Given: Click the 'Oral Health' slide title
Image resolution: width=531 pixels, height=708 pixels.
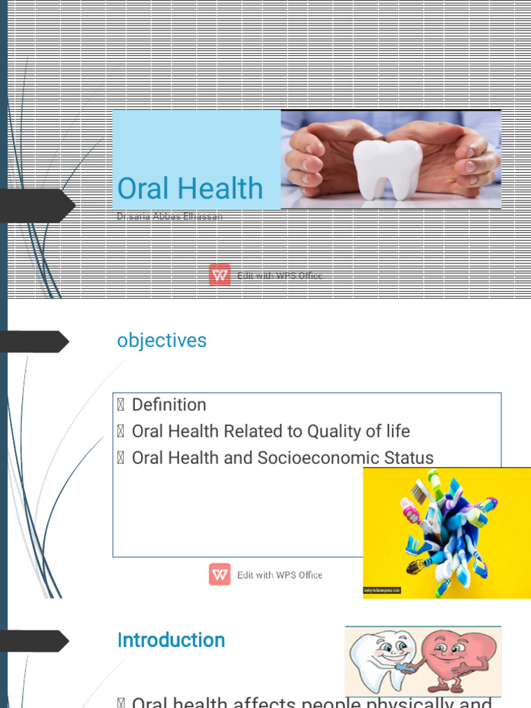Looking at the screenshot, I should coord(190,188).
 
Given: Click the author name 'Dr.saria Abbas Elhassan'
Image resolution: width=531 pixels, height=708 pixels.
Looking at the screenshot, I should coord(170,216).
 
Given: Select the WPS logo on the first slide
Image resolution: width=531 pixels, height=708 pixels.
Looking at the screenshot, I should coord(220,275).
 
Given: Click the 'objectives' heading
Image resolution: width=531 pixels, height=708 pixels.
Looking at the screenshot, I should coord(162,340).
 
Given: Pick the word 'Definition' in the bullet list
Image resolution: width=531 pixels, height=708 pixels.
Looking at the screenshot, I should coord(169,404).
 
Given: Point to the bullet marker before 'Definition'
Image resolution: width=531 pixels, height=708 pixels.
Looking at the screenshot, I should coord(121,405).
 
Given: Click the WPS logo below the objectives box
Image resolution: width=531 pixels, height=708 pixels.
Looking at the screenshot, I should coord(220,575).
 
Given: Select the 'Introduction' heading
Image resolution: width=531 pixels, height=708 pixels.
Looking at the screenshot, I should coord(171,640).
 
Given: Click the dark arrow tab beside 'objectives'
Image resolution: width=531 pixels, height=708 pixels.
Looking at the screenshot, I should coord(35,342).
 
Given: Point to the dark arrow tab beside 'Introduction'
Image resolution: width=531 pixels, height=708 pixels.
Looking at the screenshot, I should coord(35,641).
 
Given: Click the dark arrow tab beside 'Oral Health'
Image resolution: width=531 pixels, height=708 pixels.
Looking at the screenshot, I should coord(37,205).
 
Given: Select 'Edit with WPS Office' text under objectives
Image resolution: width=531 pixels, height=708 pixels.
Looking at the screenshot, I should coord(279,575).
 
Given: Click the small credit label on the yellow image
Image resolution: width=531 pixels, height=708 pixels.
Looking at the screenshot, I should coord(382,590).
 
